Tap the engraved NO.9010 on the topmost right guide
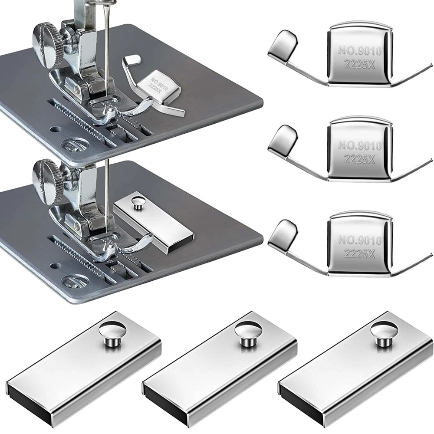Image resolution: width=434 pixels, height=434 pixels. point(360,50)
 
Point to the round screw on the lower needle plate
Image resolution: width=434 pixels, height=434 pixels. point(74,281)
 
